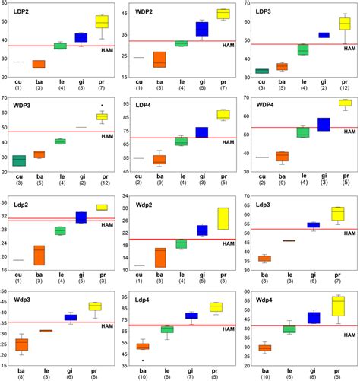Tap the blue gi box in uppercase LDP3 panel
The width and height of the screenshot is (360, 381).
coord(324,35)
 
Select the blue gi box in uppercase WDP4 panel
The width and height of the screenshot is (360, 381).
coord(324,124)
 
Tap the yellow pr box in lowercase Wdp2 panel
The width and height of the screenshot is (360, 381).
coord(223,218)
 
